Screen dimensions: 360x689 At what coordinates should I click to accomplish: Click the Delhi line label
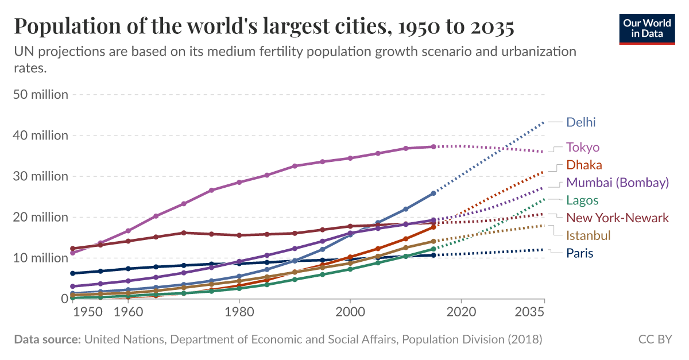581,122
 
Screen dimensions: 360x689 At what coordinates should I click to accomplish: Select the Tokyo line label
583,148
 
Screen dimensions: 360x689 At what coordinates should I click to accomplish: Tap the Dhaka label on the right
584,165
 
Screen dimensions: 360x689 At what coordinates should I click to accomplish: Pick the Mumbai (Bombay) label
617,183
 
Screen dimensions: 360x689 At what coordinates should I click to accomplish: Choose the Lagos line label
582,200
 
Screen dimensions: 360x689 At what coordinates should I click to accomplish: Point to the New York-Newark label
617,218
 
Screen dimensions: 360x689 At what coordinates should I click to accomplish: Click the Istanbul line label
588,235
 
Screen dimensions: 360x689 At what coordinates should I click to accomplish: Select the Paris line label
579,253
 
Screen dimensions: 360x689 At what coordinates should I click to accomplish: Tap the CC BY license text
655,339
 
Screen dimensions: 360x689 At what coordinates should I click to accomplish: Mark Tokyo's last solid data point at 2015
433,147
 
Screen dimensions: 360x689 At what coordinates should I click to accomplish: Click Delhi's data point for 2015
433,193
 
